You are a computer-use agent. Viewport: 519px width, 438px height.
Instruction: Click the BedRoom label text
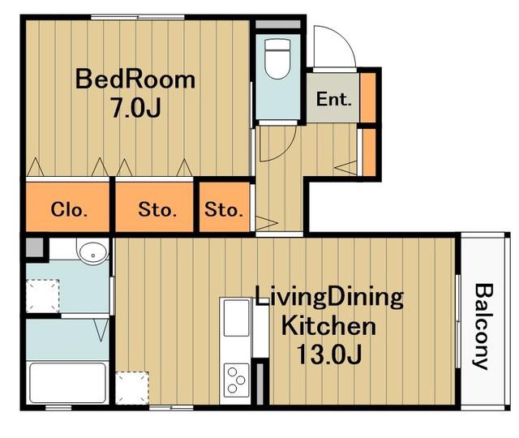135,79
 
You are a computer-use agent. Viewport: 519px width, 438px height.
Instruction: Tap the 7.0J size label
136,108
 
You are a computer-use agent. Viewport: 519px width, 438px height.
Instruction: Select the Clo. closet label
69,209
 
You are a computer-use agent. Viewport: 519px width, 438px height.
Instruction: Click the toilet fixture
277,59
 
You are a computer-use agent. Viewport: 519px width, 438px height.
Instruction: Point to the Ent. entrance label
333,99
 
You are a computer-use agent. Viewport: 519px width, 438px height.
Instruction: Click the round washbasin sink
93,252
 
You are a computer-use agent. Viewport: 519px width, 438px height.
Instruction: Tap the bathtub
67,383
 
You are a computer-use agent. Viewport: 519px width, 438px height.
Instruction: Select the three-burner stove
236,380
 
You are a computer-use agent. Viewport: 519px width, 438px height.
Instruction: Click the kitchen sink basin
236,318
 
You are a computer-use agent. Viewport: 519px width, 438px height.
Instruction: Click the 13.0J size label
329,354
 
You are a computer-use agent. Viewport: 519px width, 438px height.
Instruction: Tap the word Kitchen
328,326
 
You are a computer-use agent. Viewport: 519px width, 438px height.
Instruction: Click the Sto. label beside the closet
157,209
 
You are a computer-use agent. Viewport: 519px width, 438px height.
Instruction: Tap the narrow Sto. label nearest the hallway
224,209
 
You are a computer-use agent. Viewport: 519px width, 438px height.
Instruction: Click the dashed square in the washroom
43,295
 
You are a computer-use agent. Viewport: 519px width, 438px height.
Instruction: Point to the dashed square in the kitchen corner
132,388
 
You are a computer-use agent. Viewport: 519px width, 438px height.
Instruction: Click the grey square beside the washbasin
35,247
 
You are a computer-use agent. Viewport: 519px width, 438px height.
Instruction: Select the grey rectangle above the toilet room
278,24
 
